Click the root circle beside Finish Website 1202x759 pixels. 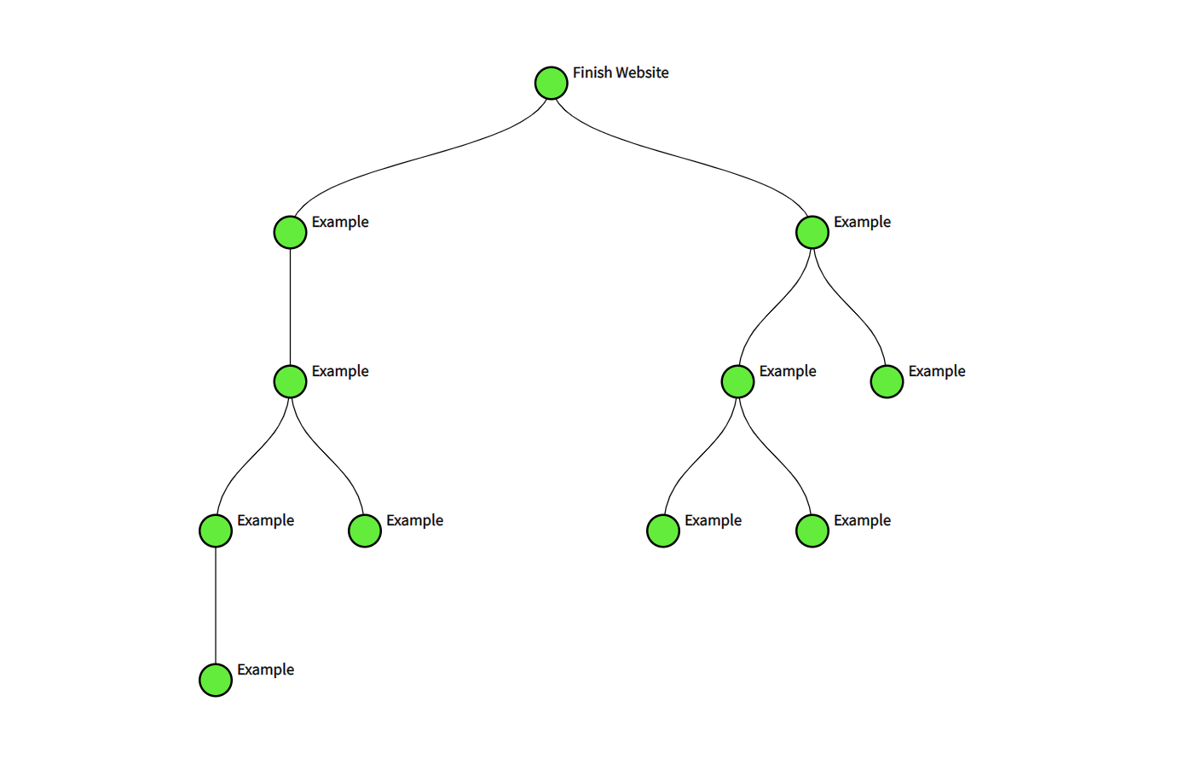coord(552,83)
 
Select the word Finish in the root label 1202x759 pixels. coord(592,73)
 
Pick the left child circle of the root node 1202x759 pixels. coord(290,232)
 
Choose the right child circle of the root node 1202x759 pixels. coord(812,232)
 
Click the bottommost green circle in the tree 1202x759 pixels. coord(216,680)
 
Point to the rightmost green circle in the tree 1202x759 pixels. coord(887,381)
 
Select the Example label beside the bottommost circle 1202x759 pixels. coord(265,670)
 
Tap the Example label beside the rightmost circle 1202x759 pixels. coord(936,372)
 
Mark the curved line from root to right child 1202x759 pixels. coord(682,158)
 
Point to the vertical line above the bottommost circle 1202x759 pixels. coord(216,605)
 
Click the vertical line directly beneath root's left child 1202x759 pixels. coord(290,307)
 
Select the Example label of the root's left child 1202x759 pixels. coord(339,223)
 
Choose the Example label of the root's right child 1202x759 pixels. coord(862,223)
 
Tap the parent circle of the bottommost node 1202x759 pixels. coord(216,530)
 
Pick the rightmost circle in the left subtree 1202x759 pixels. coord(365,530)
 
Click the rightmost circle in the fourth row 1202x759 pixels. coord(812,530)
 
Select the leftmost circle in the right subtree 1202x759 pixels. coord(663,530)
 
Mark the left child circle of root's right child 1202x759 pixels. coord(737,381)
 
